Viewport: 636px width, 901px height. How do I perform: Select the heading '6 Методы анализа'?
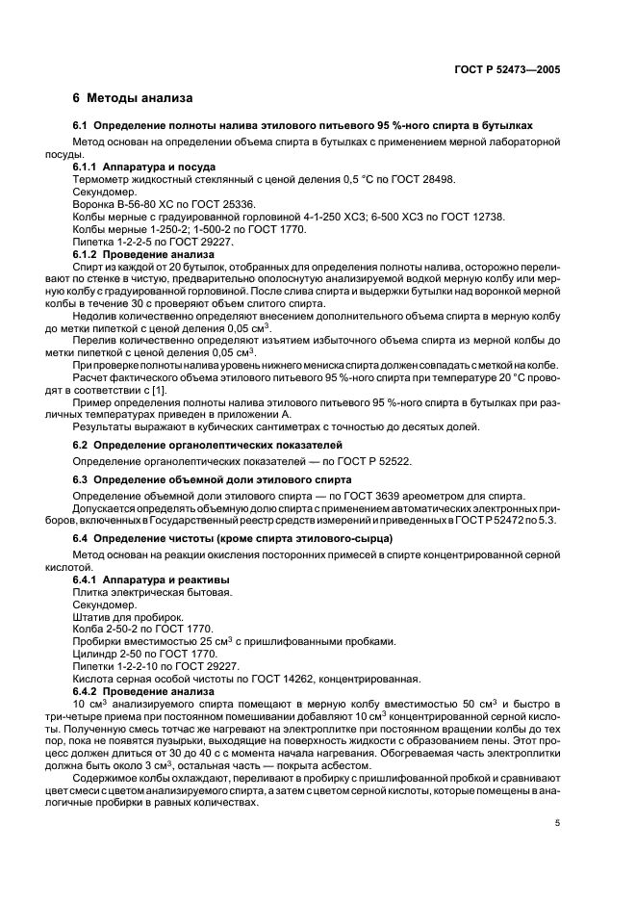coord(133,98)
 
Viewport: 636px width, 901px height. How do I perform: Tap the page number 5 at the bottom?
coord(557,823)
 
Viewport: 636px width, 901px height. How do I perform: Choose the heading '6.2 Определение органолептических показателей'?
coord(208,446)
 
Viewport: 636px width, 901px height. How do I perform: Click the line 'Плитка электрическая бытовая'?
coord(152,593)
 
